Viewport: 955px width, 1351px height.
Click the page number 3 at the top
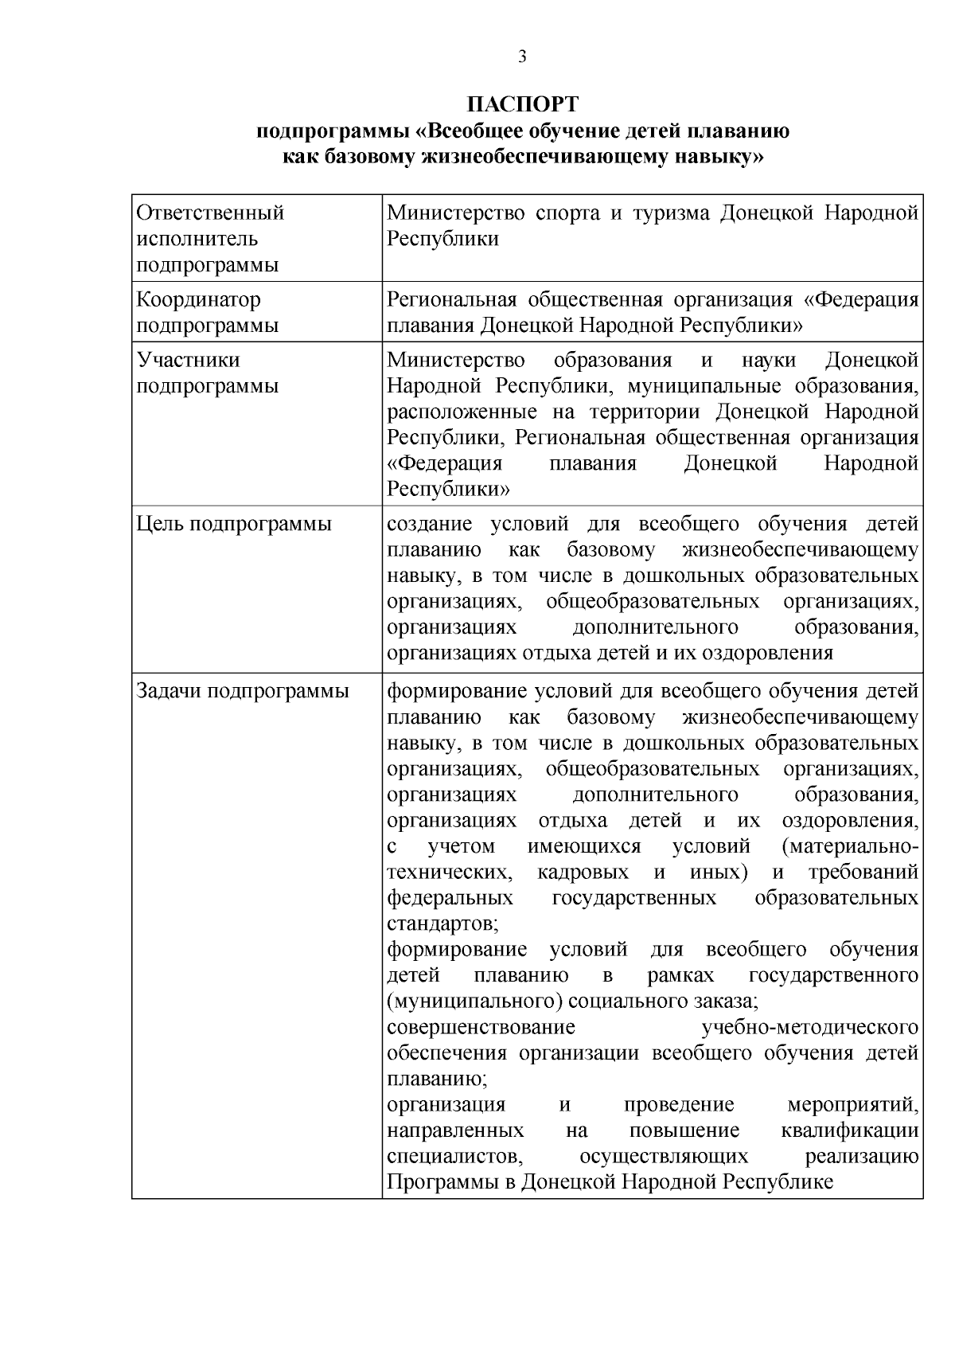click(522, 57)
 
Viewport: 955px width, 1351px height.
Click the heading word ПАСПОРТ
click(523, 104)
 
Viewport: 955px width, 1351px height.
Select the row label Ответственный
click(210, 213)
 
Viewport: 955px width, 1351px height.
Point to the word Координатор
click(198, 300)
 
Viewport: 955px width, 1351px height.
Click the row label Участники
click(188, 360)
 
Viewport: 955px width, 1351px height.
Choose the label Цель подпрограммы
click(234, 524)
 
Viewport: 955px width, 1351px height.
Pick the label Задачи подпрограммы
click(243, 691)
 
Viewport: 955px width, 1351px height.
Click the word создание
click(429, 524)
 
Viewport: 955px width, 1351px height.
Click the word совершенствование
click(481, 1027)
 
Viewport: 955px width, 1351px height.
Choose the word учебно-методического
click(810, 1027)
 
